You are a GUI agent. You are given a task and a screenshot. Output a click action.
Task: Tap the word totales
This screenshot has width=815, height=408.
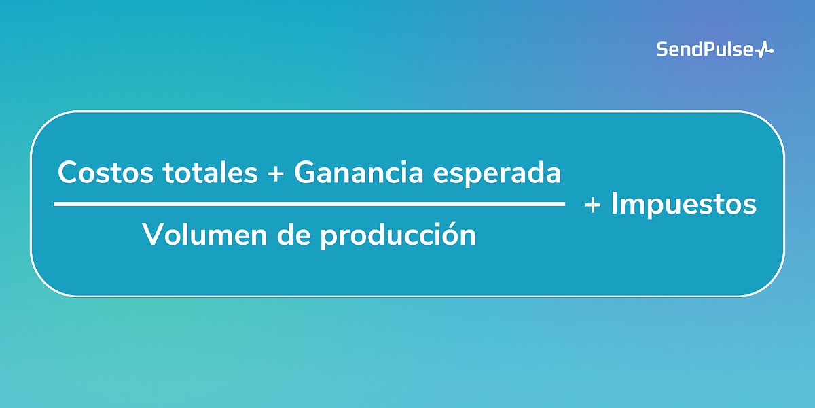pyautogui.click(x=211, y=173)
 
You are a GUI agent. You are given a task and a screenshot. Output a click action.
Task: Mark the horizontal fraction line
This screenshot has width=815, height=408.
pyautogui.click(x=309, y=203)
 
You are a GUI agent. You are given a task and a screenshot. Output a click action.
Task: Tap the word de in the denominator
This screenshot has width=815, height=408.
pyautogui.click(x=290, y=235)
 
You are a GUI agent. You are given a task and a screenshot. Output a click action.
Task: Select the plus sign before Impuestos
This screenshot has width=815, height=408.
pyautogui.click(x=593, y=205)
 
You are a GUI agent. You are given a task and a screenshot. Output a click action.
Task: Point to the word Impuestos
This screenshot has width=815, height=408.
pyautogui.click(x=683, y=205)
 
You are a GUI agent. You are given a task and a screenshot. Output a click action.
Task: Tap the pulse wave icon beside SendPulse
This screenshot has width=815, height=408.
pyautogui.click(x=765, y=50)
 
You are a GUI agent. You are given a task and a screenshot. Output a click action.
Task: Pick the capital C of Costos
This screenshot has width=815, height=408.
pyautogui.click(x=69, y=173)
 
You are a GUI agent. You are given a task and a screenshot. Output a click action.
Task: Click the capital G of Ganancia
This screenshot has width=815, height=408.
pyautogui.click(x=306, y=173)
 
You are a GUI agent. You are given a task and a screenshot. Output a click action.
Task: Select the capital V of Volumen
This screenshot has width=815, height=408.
pyautogui.click(x=153, y=235)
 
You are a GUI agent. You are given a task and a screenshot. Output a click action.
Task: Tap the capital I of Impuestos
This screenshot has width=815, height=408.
pyautogui.click(x=614, y=204)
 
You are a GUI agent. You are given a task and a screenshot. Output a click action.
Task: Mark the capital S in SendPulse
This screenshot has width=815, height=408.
pyautogui.click(x=662, y=49)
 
